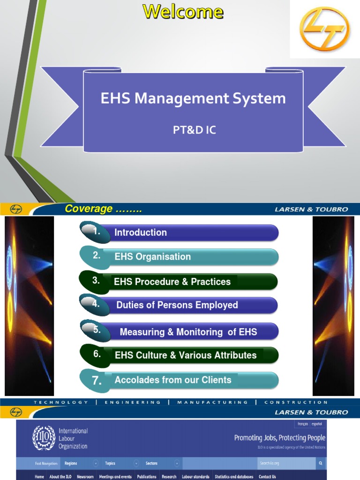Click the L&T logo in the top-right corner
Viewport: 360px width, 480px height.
click(x=324, y=29)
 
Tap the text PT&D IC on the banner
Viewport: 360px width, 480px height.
click(x=194, y=130)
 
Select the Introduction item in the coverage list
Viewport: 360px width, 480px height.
click(x=141, y=232)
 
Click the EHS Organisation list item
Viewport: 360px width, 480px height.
click(x=152, y=256)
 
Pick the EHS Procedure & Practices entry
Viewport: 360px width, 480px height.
click(x=172, y=282)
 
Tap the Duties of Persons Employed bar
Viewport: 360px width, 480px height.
click(x=177, y=305)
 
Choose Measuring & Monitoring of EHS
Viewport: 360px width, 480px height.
click(x=188, y=332)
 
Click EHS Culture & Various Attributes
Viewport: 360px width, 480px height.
click(x=185, y=355)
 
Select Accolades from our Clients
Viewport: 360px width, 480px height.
click(x=172, y=380)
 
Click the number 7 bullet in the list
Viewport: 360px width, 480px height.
click(x=97, y=381)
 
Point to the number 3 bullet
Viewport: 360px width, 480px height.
click(x=96, y=281)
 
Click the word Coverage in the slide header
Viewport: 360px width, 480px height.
click(x=89, y=209)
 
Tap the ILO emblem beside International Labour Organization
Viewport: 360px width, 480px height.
click(x=44, y=438)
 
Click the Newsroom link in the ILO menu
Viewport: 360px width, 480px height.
click(x=85, y=477)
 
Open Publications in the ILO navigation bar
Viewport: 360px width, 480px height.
click(x=147, y=477)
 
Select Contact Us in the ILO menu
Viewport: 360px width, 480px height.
click(x=267, y=477)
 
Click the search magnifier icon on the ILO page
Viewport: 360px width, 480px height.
click(x=321, y=464)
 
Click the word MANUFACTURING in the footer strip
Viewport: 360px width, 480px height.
click(x=212, y=402)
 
